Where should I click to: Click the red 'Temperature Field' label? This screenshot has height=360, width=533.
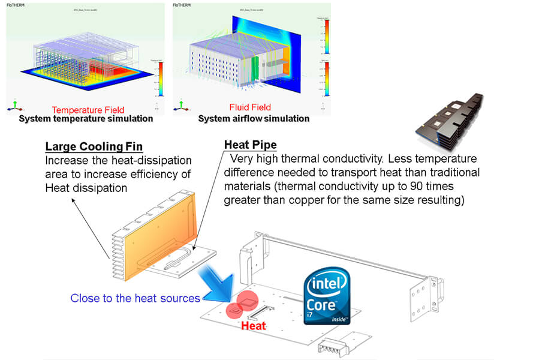coord(88,110)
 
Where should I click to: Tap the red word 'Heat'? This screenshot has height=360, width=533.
coord(252,326)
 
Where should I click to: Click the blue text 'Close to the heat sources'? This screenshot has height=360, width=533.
coord(135,298)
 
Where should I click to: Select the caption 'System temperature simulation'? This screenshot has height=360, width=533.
coord(86,119)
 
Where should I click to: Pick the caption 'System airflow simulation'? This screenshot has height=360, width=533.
coord(254,119)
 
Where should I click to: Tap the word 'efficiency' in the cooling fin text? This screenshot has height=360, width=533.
coord(164,175)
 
